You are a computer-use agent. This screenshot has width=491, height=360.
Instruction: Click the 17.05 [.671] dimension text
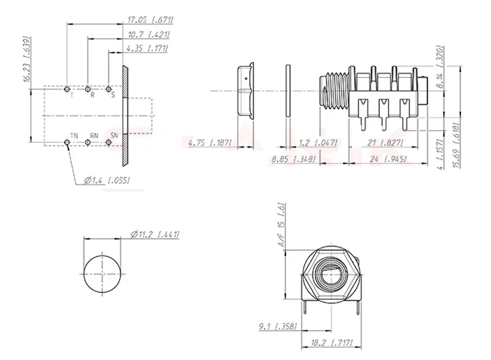tap(150, 20)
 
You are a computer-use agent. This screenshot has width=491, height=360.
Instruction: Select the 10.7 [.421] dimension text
tap(149, 34)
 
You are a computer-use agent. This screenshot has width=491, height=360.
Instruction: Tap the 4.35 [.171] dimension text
tap(147, 48)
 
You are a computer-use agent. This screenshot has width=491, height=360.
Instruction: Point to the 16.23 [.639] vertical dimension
tap(28, 59)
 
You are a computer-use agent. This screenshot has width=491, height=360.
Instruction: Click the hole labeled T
tap(67, 90)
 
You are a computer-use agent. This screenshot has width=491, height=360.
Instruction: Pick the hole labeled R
tap(88, 90)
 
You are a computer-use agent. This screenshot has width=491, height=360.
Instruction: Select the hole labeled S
tap(109, 90)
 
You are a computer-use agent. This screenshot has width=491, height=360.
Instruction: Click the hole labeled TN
tap(67, 143)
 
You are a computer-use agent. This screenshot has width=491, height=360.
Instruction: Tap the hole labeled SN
tap(109, 143)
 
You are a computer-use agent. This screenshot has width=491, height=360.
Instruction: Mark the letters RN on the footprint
tap(94, 136)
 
